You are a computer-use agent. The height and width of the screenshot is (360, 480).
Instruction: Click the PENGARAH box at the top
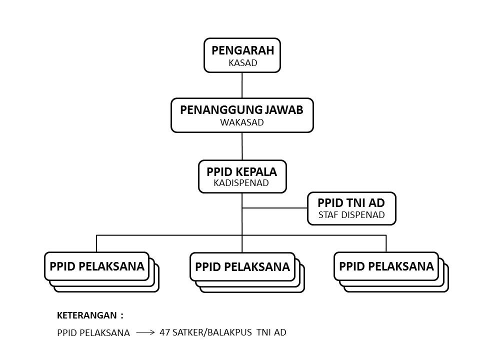pyautogui.click(x=242, y=55)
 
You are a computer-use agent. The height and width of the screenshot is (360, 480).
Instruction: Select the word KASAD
pyautogui.click(x=242, y=63)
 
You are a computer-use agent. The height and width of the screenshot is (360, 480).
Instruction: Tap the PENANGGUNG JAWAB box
pyautogui.click(x=242, y=115)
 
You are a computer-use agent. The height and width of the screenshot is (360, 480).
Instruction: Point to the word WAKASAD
pyautogui.click(x=242, y=122)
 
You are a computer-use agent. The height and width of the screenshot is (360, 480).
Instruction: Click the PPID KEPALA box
pyautogui.click(x=242, y=176)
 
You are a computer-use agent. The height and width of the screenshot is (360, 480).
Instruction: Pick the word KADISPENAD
pyautogui.click(x=241, y=183)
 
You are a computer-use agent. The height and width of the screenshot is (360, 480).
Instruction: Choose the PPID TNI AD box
pyautogui.click(x=351, y=208)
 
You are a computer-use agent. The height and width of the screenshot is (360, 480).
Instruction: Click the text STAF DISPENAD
pyautogui.click(x=351, y=215)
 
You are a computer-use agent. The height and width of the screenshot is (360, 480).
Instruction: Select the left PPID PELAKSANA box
pyautogui.click(x=97, y=266)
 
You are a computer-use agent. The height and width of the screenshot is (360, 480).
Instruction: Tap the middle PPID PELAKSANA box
pyautogui.click(x=242, y=266)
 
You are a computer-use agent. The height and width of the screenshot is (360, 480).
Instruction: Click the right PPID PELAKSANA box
pyautogui.click(x=386, y=266)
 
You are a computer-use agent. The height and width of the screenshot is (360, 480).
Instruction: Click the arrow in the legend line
pyautogui.click(x=145, y=331)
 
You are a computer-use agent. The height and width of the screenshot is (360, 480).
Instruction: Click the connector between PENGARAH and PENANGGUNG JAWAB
pyautogui.click(x=242, y=85)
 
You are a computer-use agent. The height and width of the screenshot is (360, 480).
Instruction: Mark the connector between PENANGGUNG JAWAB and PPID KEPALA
pyautogui.click(x=242, y=146)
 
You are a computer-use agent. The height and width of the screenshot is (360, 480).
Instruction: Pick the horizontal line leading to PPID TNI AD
pyautogui.click(x=275, y=208)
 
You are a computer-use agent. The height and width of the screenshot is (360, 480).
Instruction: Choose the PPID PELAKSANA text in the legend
pyautogui.click(x=93, y=332)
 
